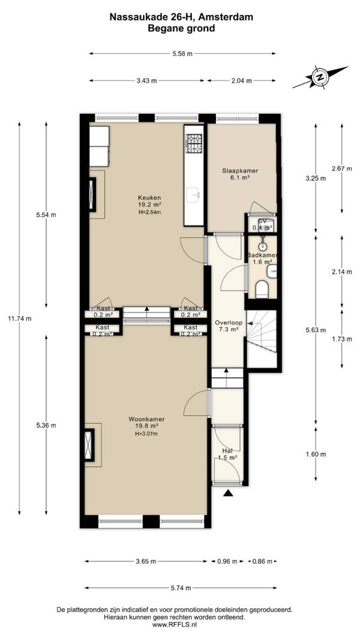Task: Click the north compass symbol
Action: (320, 77)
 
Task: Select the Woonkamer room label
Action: (146, 419)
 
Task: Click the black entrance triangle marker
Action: (228, 494)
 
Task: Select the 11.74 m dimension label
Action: (20, 319)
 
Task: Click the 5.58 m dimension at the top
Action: (182, 53)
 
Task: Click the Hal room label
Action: (227, 450)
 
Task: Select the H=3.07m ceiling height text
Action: (146, 434)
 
